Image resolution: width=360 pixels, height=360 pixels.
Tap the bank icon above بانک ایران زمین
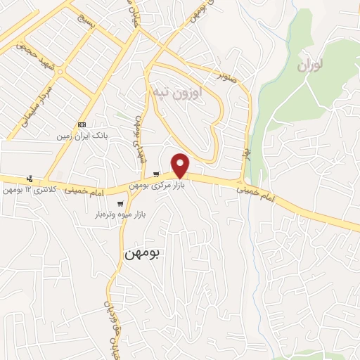[x=83, y=124]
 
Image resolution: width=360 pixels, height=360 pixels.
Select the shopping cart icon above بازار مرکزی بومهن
[x=156, y=175]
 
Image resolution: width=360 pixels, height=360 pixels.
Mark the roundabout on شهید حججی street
[x=60, y=71]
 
